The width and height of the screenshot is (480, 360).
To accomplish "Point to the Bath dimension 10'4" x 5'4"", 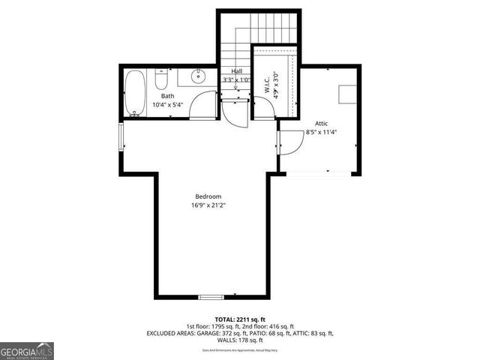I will [167, 105].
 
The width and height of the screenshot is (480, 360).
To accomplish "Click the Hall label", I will [236, 71].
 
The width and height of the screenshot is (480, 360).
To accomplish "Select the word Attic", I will [322, 123].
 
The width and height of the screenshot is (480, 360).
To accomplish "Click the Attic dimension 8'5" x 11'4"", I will [322, 132].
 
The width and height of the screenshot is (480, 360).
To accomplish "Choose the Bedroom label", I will [208, 196].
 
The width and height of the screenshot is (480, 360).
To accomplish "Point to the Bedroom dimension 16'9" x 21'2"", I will [208, 205].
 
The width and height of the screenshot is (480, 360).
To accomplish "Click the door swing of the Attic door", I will [289, 142].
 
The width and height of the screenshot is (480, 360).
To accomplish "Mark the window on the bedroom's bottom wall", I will [211, 297].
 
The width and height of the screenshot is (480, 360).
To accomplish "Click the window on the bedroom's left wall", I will [121, 138].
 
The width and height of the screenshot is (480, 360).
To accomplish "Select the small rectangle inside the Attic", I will [346, 93].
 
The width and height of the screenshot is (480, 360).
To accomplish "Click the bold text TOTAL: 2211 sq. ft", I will [239, 318].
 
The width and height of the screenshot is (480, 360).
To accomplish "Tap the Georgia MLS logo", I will [27, 350].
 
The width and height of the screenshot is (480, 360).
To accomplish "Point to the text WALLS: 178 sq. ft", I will [239, 340].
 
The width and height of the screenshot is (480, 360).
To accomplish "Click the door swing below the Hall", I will [233, 112].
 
